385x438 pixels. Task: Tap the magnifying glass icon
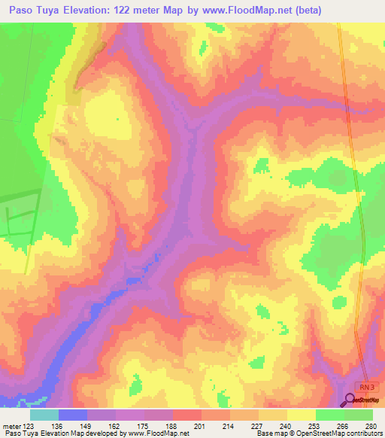click(x=351, y=400)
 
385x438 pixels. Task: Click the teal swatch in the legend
click(x=44, y=415)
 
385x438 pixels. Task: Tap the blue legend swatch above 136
click(x=72, y=415)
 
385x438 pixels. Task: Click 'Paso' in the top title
click(x=19, y=11)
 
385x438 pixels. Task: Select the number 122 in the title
click(x=146, y=11)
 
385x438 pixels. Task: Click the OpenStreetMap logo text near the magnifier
click(x=369, y=400)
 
